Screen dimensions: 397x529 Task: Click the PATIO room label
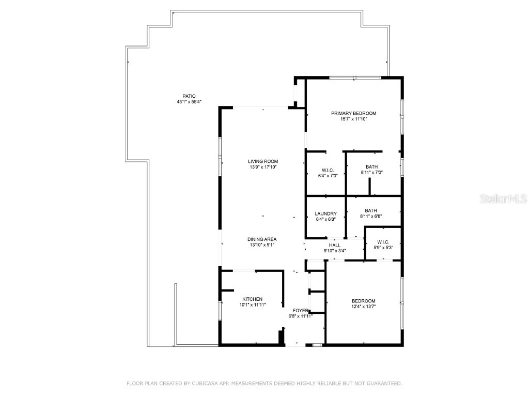[x=189, y=96]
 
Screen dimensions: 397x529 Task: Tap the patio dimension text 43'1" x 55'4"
[x=189, y=102]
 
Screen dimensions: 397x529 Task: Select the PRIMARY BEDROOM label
[x=353, y=113]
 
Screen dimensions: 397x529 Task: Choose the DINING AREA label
[x=261, y=239]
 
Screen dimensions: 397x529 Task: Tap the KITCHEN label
[x=253, y=299]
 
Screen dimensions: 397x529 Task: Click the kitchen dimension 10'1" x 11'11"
[x=253, y=305]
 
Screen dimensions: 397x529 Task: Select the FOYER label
[x=300, y=310]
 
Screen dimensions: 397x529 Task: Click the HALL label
[x=334, y=245]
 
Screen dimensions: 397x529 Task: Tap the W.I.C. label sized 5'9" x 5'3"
[x=383, y=242]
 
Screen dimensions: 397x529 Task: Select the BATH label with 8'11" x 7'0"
[x=371, y=167]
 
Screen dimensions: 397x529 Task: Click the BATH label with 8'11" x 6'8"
[x=371, y=210]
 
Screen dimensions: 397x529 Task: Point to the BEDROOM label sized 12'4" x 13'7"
[x=363, y=301]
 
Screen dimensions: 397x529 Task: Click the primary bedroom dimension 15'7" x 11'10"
[x=353, y=119]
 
